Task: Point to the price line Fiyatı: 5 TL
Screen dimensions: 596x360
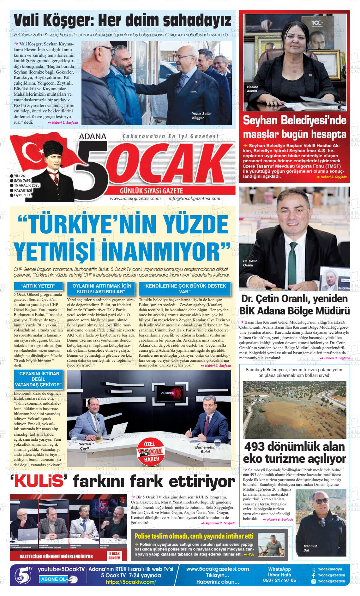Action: coord(22,195)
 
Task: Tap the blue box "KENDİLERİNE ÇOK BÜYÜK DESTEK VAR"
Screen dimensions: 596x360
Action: coord(185,288)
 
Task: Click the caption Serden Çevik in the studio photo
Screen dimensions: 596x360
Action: coord(85,446)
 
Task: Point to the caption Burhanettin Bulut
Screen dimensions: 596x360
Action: coord(205,450)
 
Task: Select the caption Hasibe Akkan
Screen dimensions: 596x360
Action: coord(252,89)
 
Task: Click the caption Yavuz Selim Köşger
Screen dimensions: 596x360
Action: coord(201,116)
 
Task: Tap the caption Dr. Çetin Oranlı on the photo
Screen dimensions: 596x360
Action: coord(250,263)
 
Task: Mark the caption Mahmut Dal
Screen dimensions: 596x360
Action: coord(310,548)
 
